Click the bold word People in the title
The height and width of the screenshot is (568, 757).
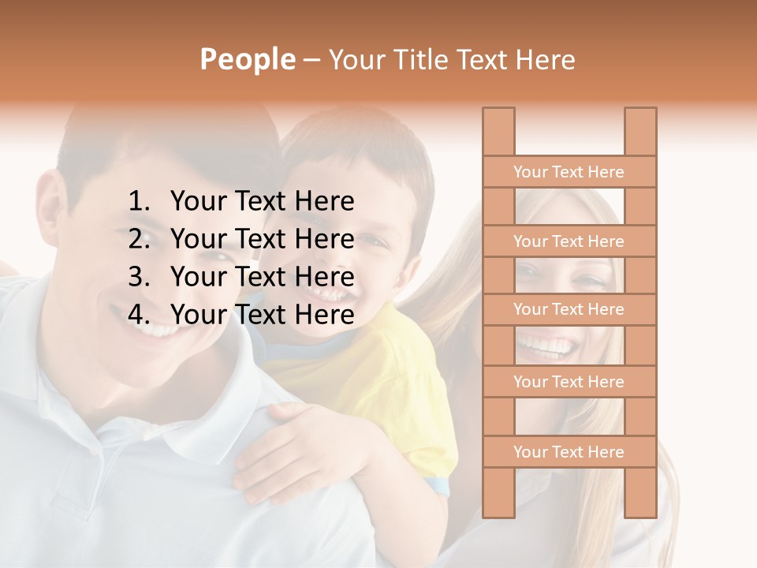247,60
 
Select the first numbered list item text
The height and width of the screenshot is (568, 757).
262,202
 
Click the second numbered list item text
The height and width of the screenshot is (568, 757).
262,239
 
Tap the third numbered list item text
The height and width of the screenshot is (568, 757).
262,277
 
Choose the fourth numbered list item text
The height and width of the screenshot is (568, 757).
262,315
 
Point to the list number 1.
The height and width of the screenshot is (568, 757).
138,202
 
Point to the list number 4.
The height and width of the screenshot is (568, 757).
138,315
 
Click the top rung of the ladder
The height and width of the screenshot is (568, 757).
569,172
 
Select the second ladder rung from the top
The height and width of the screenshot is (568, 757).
569,241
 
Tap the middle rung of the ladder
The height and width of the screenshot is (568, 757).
569,310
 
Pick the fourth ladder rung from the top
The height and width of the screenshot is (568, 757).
569,382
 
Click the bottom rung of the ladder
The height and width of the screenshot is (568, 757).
569,452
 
